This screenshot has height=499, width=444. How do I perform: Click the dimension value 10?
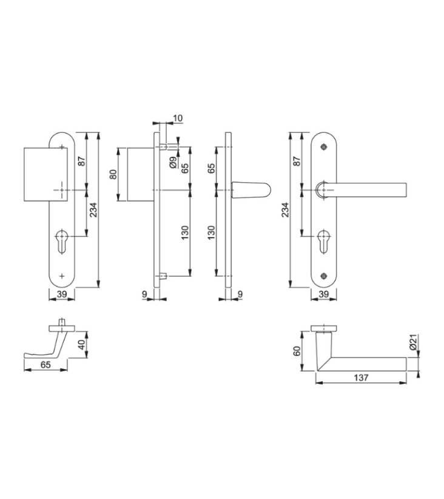pyautogui.click(x=178, y=118)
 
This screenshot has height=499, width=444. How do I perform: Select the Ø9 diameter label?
pyautogui.click(x=173, y=163)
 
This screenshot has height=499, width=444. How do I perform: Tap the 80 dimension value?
pyautogui.click(x=113, y=174)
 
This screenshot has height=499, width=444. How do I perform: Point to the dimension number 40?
pyautogui.click(x=82, y=345)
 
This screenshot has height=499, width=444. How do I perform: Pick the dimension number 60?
pyautogui.click(x=297, y=351)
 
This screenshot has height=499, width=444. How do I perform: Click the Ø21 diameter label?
pyautogui.click(x=413, y=343)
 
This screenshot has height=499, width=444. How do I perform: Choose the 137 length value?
pyautogui.click(x=362, y=378)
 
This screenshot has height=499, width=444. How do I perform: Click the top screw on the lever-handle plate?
pyautogui.click(x=324, y=147)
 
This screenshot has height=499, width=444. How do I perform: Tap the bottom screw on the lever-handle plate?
pyautogui.click(x=324, y=276)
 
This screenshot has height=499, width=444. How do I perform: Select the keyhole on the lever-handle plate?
pyautogui.click(x=324, y=241)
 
